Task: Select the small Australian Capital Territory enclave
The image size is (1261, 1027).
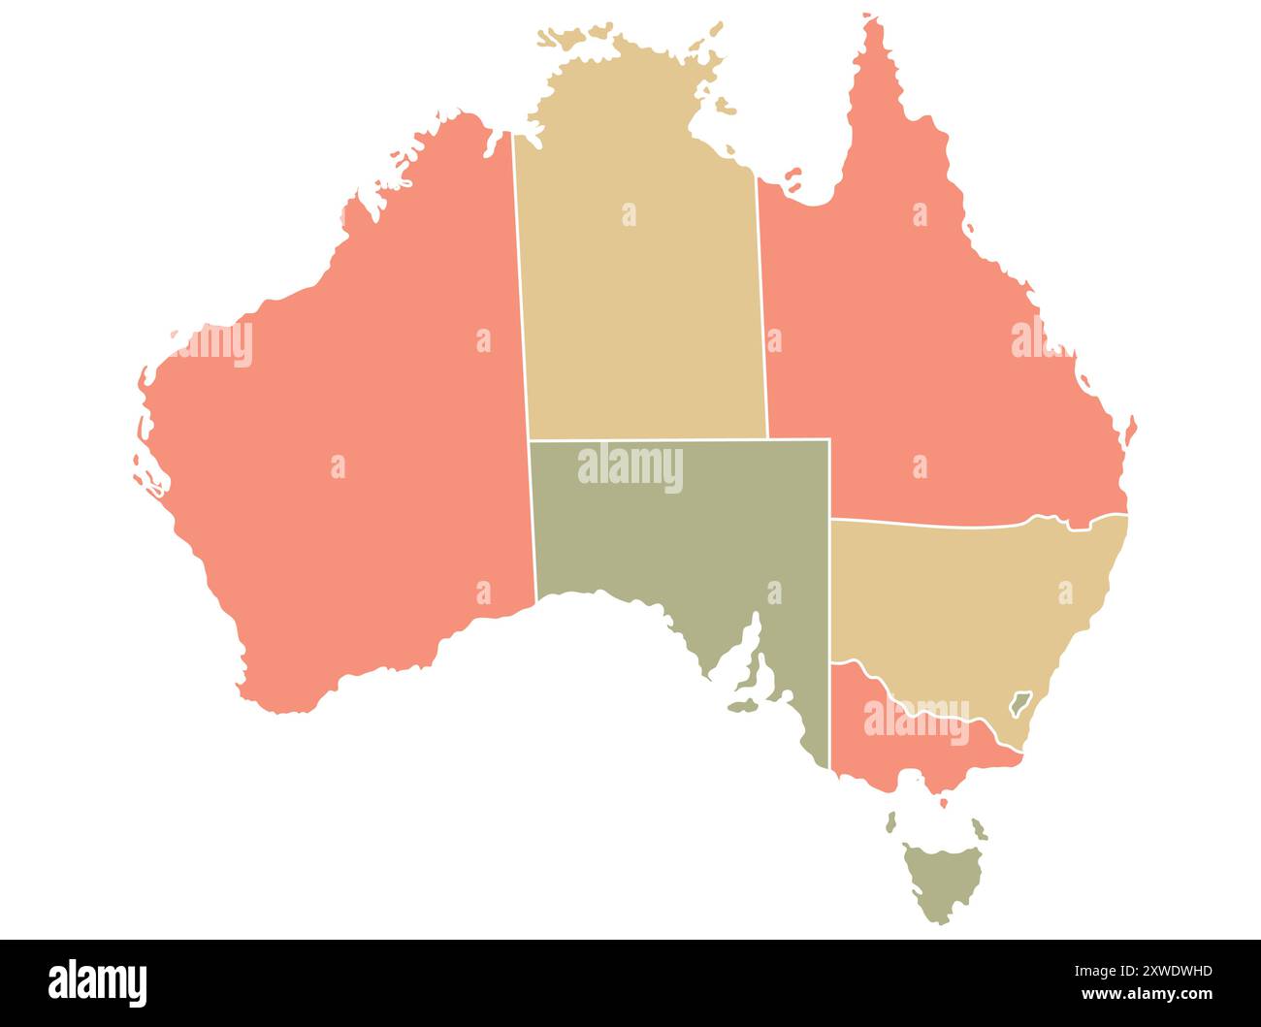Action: point(1019,702)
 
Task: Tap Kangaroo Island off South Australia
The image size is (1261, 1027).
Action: point(744,707)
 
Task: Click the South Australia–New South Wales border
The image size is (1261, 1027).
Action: point(830,592)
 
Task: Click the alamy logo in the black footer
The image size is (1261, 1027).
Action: point(98,982)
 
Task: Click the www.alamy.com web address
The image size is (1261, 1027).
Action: point(1147,994)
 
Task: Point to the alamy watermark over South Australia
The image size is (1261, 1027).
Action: point(630,468)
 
